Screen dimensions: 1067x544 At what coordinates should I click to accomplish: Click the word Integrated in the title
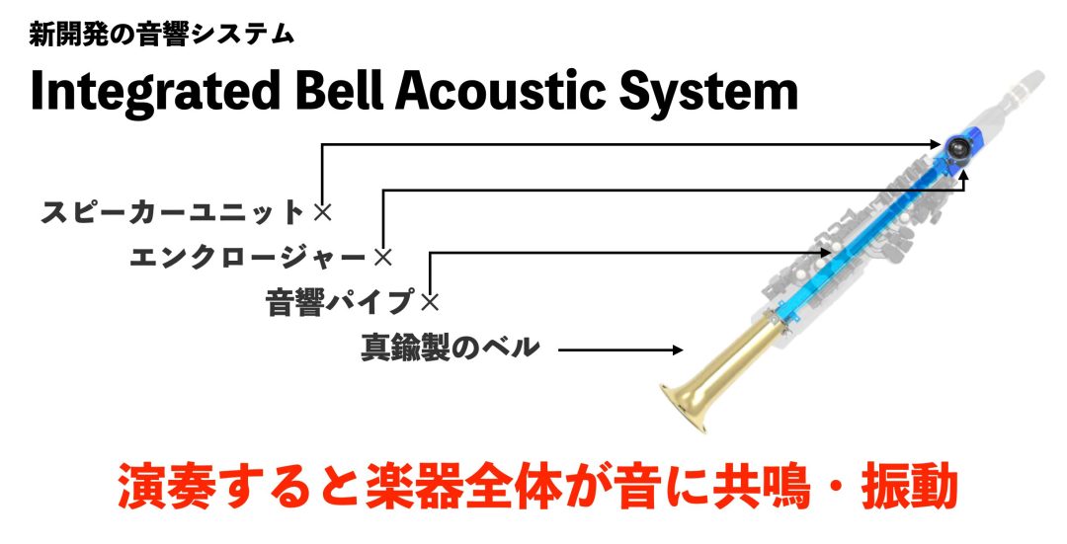[x=155, y=92]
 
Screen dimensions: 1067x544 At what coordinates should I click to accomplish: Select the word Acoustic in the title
[x=500, y=91]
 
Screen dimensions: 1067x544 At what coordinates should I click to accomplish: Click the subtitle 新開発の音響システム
[x=161, y=34]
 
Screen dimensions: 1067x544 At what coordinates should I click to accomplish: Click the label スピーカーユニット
[x=172, y=212]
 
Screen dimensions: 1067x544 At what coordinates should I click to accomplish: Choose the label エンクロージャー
[x=248, y=257]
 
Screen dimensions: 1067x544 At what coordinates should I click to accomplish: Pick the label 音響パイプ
[x=340, y=302]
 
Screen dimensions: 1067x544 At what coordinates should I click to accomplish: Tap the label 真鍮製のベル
[x=450, y=348]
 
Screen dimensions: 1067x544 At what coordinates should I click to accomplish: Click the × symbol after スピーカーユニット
[x=322, y=212]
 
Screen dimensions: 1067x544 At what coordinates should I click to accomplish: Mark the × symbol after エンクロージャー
[x=383, y=257]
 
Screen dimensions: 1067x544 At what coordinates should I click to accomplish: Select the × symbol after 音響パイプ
[x=430, y=302]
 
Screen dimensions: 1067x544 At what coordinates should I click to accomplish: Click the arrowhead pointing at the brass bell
[x=677, y=350]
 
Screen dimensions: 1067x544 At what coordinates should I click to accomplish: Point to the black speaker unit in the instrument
[x=957, y=145]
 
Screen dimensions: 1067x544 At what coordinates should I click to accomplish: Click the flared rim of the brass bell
[x=684, y=408]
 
